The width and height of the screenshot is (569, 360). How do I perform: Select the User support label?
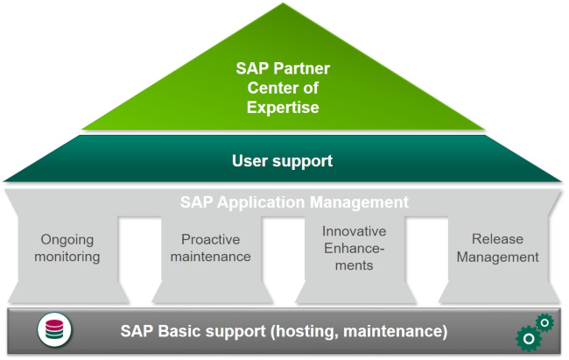coord(282,161)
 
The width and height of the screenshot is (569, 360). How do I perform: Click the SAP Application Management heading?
coord(294,202)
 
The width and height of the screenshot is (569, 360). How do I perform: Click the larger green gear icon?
coord(527,338)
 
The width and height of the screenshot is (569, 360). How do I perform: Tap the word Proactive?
coord(210,239)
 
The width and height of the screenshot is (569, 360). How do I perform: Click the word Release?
coord(497,239)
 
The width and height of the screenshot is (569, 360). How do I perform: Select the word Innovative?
coord(354,231)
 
